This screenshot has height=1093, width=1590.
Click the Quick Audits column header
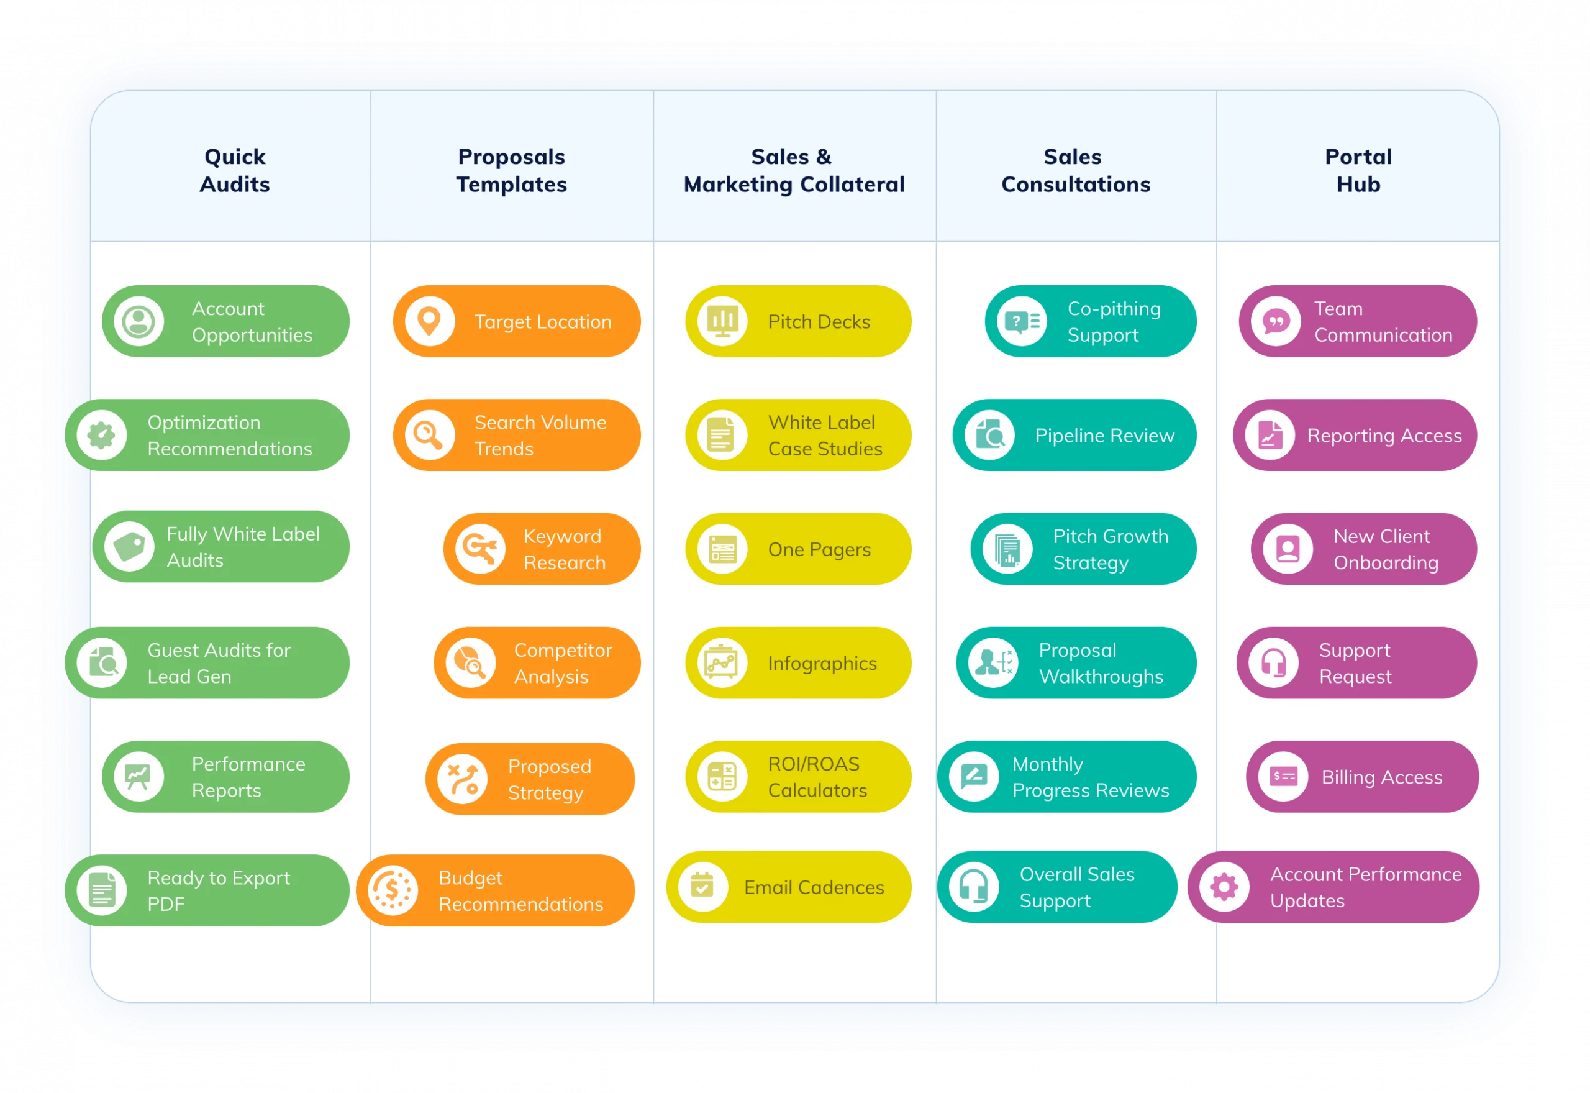(235, 170)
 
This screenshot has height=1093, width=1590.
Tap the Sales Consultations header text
(1075, 170)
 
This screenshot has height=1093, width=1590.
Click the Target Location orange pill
(517, 321)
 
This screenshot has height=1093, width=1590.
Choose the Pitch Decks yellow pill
(798, 321)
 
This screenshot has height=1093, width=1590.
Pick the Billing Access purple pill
(1361, 777)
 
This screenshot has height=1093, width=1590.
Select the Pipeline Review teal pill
(1074, 435)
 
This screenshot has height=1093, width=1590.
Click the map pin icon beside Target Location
(429, 321)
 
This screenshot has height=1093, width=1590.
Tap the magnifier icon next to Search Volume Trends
(429, 435)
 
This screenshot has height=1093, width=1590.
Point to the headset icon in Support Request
(1273, 663)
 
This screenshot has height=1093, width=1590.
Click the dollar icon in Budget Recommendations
(392, 890)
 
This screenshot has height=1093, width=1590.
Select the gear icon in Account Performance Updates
(1224, 887)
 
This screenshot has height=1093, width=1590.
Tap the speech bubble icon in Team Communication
(1276, 321)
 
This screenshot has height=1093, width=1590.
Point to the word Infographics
(822, 664)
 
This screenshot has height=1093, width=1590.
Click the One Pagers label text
(819, 549)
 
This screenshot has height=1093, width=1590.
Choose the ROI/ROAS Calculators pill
(798, 777)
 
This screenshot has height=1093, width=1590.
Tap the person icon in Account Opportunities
(139, 321)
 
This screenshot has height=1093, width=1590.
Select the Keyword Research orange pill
(542, 549)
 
